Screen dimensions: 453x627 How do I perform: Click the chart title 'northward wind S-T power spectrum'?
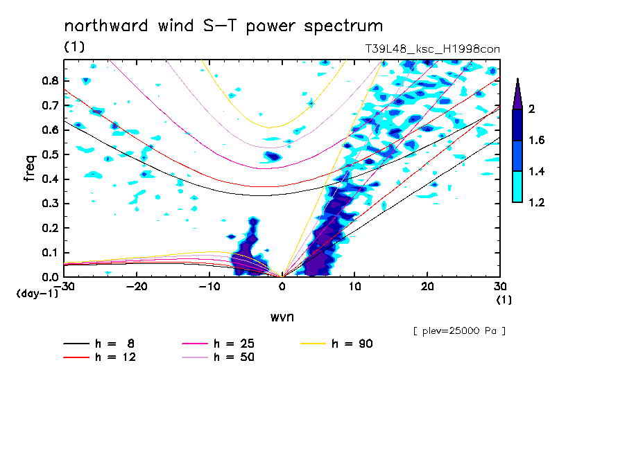point(223,26)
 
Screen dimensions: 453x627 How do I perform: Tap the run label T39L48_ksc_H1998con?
point(432,48)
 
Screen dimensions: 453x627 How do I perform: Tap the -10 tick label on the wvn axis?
point(209,287)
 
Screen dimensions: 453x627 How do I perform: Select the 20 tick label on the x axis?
point(427,287)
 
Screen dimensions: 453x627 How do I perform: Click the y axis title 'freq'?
point(29,168)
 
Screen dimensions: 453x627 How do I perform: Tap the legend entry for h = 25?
point(219,344)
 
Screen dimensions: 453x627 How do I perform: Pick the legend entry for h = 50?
point(219,357)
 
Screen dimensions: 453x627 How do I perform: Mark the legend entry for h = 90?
point(338,344)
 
